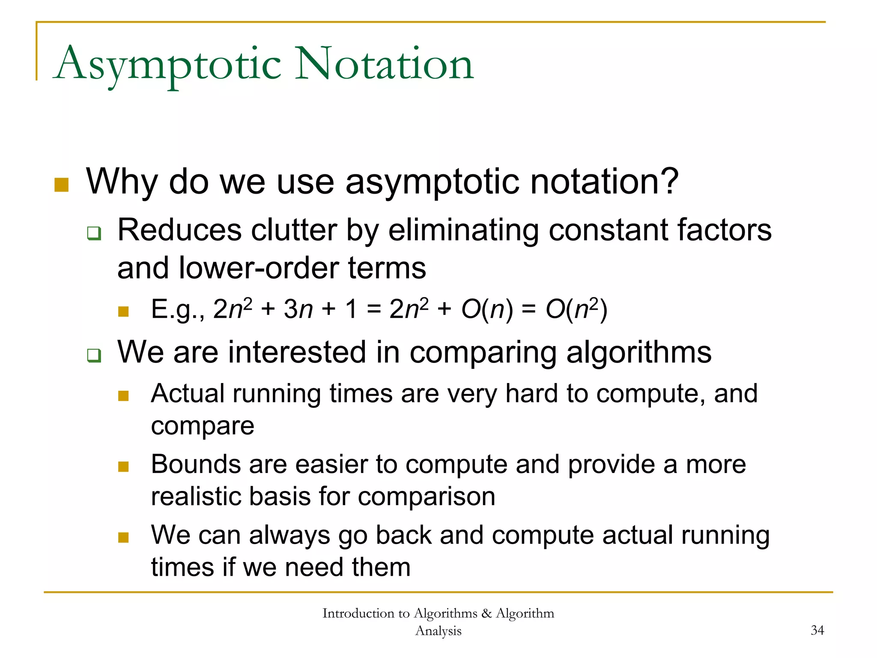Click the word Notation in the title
[384, 64]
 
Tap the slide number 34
[817, 630]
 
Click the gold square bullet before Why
[62, 185]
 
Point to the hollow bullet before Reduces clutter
[94, 233]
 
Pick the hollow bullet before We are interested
[94, 355]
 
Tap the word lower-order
[260, 268]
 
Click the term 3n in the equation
[298, 309]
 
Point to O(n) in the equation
[487, 309]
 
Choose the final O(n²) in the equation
[576, 309]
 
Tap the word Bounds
[196, 464]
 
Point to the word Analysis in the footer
[438, 631]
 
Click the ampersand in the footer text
[486, 613]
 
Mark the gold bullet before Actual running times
[123, 396]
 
